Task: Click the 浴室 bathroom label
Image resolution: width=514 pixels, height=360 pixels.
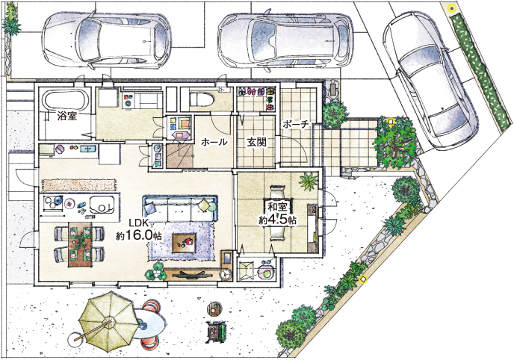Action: coord(67,116)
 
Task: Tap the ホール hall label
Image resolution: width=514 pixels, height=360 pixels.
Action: coord(214,142)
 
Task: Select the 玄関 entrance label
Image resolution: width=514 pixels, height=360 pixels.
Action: coord(256,142)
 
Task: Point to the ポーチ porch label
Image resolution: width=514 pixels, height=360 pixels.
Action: coord(295,125)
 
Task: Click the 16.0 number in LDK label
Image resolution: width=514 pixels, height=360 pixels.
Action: coord(142,235)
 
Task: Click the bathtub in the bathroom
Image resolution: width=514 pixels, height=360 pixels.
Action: coord(66,100)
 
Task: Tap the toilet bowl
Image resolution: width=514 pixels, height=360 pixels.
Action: coord(202,99)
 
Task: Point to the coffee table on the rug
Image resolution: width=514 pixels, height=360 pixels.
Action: coord(185,243)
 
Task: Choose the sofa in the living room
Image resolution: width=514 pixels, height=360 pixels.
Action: coord(180,208)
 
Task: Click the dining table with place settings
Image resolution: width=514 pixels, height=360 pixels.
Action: coord(80,244)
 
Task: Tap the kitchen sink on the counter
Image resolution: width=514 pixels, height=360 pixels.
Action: coord(102,205)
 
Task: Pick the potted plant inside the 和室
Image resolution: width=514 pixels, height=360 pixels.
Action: coord(308,181)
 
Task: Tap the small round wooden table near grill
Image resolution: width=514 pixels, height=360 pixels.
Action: coord(214,308)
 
